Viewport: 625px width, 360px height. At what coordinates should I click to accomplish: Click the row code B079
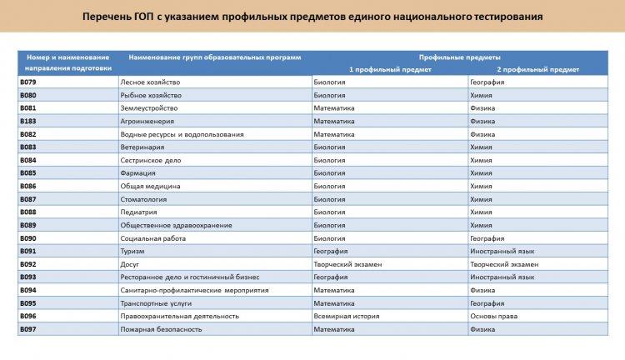point(28,82)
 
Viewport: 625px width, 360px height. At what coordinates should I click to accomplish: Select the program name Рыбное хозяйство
point(151,96)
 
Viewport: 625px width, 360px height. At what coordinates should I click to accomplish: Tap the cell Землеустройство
point(148,108)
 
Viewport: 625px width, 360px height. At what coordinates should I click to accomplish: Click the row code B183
point(28,122)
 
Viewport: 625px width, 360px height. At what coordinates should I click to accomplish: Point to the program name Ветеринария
point(142,147)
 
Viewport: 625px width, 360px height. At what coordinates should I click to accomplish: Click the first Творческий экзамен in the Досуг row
point(347,264)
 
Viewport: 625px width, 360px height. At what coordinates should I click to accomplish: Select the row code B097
point(28,329)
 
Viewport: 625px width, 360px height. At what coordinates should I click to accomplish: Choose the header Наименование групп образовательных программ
point(214,57)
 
